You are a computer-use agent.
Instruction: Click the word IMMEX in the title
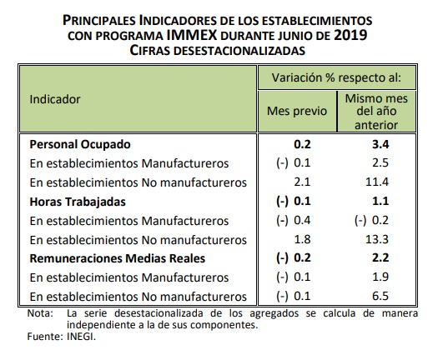192,35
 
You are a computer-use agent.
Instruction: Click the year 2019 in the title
350,35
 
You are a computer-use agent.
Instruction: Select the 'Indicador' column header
55,99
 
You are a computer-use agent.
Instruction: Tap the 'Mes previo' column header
297,111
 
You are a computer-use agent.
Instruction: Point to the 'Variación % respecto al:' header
336,77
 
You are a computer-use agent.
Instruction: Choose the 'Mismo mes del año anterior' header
376,112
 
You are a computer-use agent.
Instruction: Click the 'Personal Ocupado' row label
80,144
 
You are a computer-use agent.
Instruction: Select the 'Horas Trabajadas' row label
78,202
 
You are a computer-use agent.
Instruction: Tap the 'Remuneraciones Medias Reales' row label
118,258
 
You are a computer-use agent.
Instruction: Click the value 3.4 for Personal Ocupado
380,144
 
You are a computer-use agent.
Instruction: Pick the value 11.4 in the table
377,182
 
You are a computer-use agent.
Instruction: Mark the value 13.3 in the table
377,239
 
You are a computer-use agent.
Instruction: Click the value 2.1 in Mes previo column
302,182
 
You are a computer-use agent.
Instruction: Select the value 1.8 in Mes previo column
302,239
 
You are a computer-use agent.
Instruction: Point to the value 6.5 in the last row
380,296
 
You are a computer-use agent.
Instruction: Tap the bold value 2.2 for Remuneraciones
380,257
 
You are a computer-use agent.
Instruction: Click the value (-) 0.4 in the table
294,221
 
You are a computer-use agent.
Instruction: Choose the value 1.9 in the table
380,277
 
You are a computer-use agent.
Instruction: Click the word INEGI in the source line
81,337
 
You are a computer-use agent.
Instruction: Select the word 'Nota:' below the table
40,313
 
